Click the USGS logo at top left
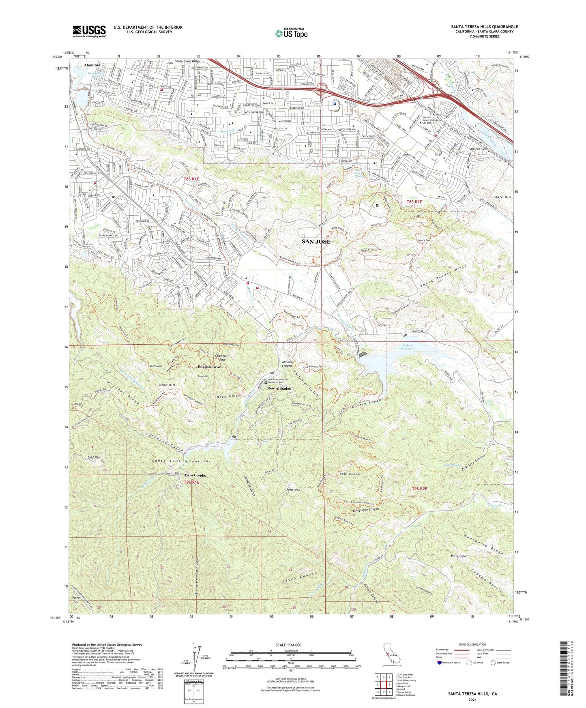89,31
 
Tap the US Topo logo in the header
291,33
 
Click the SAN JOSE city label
316,241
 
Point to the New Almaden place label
279,388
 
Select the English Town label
210,367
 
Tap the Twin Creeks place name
195,475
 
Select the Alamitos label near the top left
92,65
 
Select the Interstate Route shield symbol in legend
440,663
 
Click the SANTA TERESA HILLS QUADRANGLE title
484,27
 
